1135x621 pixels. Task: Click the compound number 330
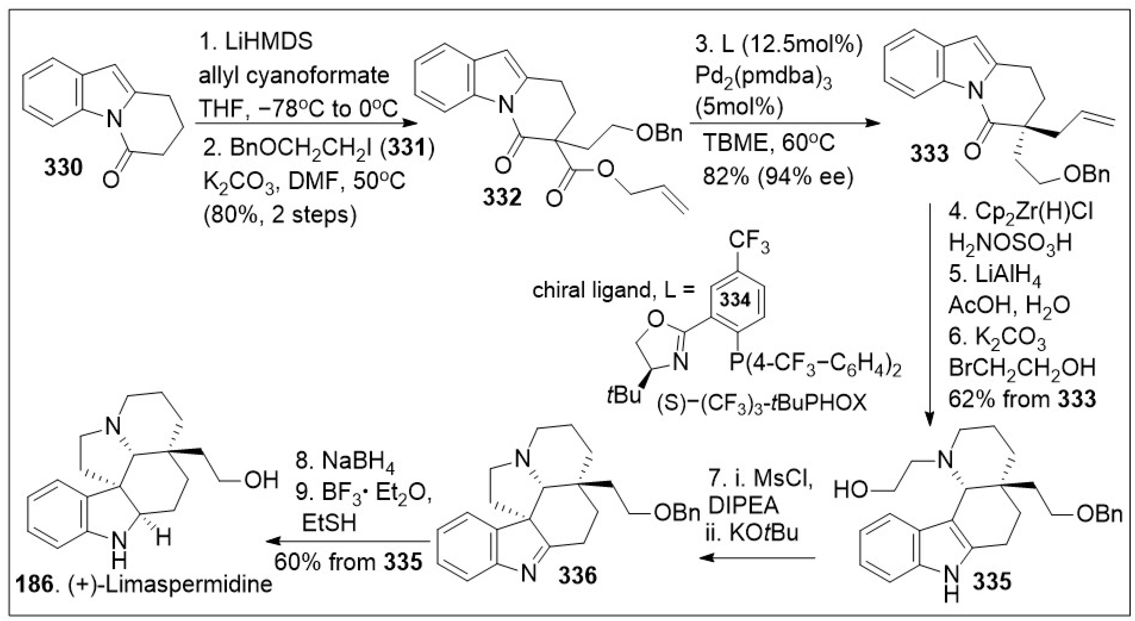click(x=63, y=168)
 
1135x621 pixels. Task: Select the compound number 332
click(x=502, y=197)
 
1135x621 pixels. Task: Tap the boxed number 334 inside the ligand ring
click(x=735, y=300)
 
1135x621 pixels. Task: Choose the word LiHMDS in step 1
click(x=269, y=42)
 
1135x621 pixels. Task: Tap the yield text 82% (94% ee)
click(x=778, y=177)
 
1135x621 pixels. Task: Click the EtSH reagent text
click(x=329, y=524)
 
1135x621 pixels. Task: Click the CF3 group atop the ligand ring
click(x=749, y=242)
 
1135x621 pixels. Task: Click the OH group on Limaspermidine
click(x=261, y=480)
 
